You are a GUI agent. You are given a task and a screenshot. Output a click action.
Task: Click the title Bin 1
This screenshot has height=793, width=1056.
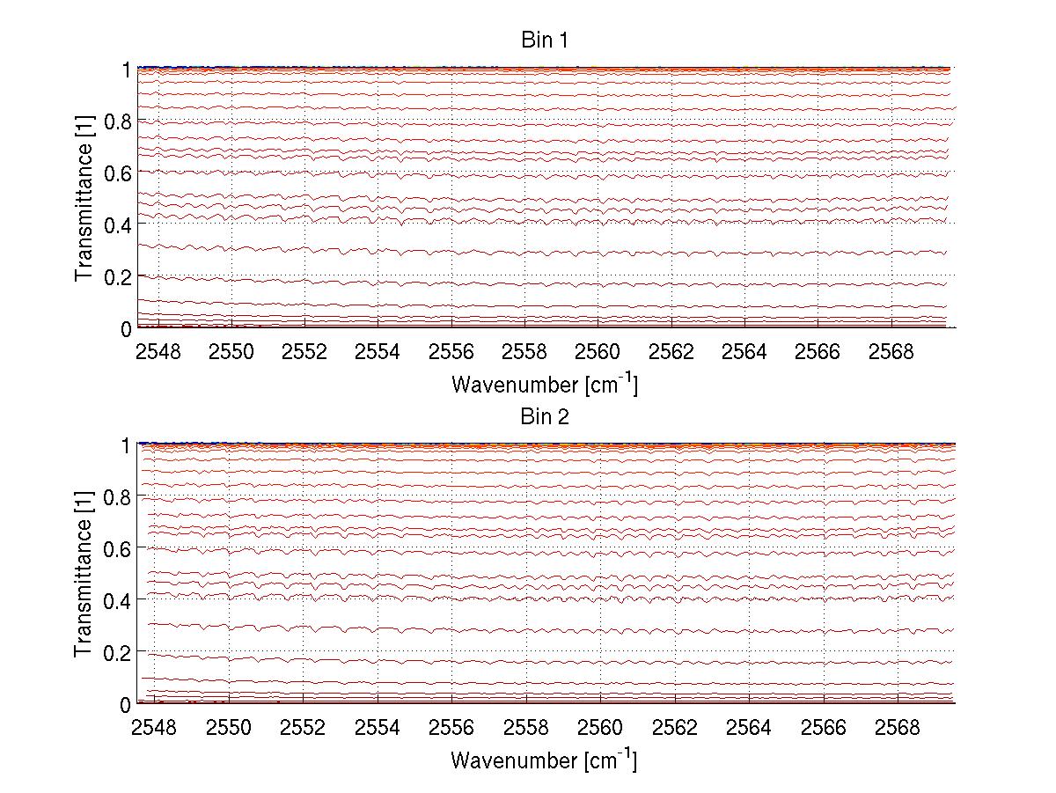[x=545, y=41]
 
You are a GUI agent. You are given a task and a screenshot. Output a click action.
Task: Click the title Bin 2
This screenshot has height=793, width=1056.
[x=545, y=417]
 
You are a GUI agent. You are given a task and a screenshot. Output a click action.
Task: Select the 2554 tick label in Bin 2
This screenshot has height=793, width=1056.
[x=378, y=729]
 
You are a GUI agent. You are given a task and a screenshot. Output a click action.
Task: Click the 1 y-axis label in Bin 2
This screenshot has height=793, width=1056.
[x=126, y=445]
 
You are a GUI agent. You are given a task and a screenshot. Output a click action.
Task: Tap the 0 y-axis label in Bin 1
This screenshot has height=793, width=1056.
[x=126, y=328]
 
